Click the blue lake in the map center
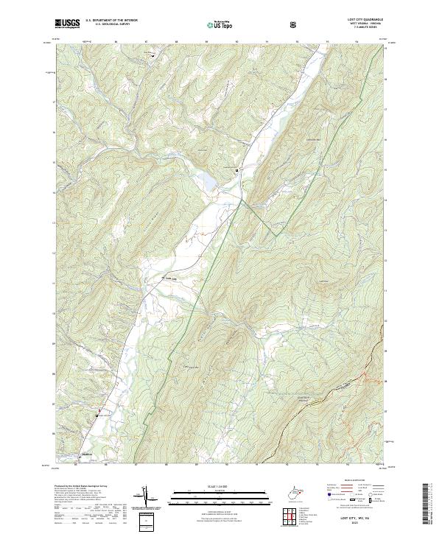point(208,179)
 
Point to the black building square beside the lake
point(236,170)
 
